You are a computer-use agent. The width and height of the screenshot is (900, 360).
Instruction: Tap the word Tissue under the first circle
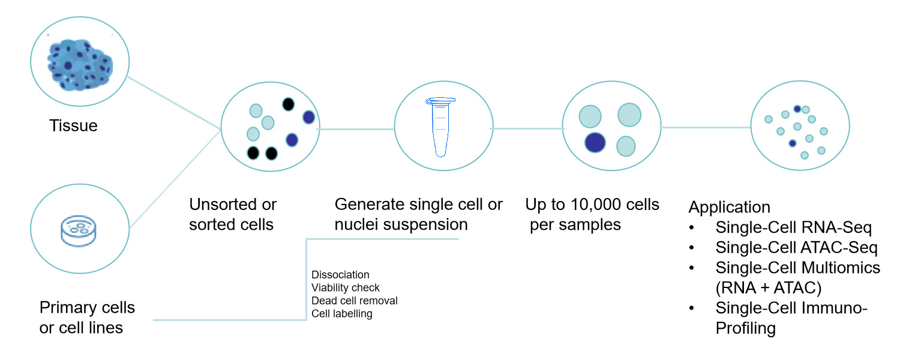pos(73,126)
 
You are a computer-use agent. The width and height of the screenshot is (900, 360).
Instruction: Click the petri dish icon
pos(79,230)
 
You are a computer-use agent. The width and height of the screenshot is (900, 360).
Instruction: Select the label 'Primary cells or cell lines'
pos(87,318)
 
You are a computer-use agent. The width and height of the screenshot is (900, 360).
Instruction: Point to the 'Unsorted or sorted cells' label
pos(233,214)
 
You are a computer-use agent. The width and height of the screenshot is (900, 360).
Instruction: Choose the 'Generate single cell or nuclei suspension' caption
pos(418,214)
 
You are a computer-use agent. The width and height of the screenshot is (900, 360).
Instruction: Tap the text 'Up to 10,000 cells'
pos(592,205)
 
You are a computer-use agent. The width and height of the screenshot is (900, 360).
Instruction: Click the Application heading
pos(729,208)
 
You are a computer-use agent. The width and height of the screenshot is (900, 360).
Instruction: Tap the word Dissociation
pos(340,275)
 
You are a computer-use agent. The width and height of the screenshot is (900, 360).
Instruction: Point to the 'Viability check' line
pos(346,288)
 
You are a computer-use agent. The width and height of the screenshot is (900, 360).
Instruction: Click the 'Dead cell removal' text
pos(355,301)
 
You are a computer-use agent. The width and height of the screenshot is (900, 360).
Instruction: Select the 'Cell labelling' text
pos(342,313)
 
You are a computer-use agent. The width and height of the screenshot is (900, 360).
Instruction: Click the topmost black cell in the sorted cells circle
pos(289,104)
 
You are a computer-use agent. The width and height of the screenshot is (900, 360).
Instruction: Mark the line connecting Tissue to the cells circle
pos(174,102)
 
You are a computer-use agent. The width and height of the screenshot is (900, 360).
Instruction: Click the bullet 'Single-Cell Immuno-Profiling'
pos(791,318)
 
